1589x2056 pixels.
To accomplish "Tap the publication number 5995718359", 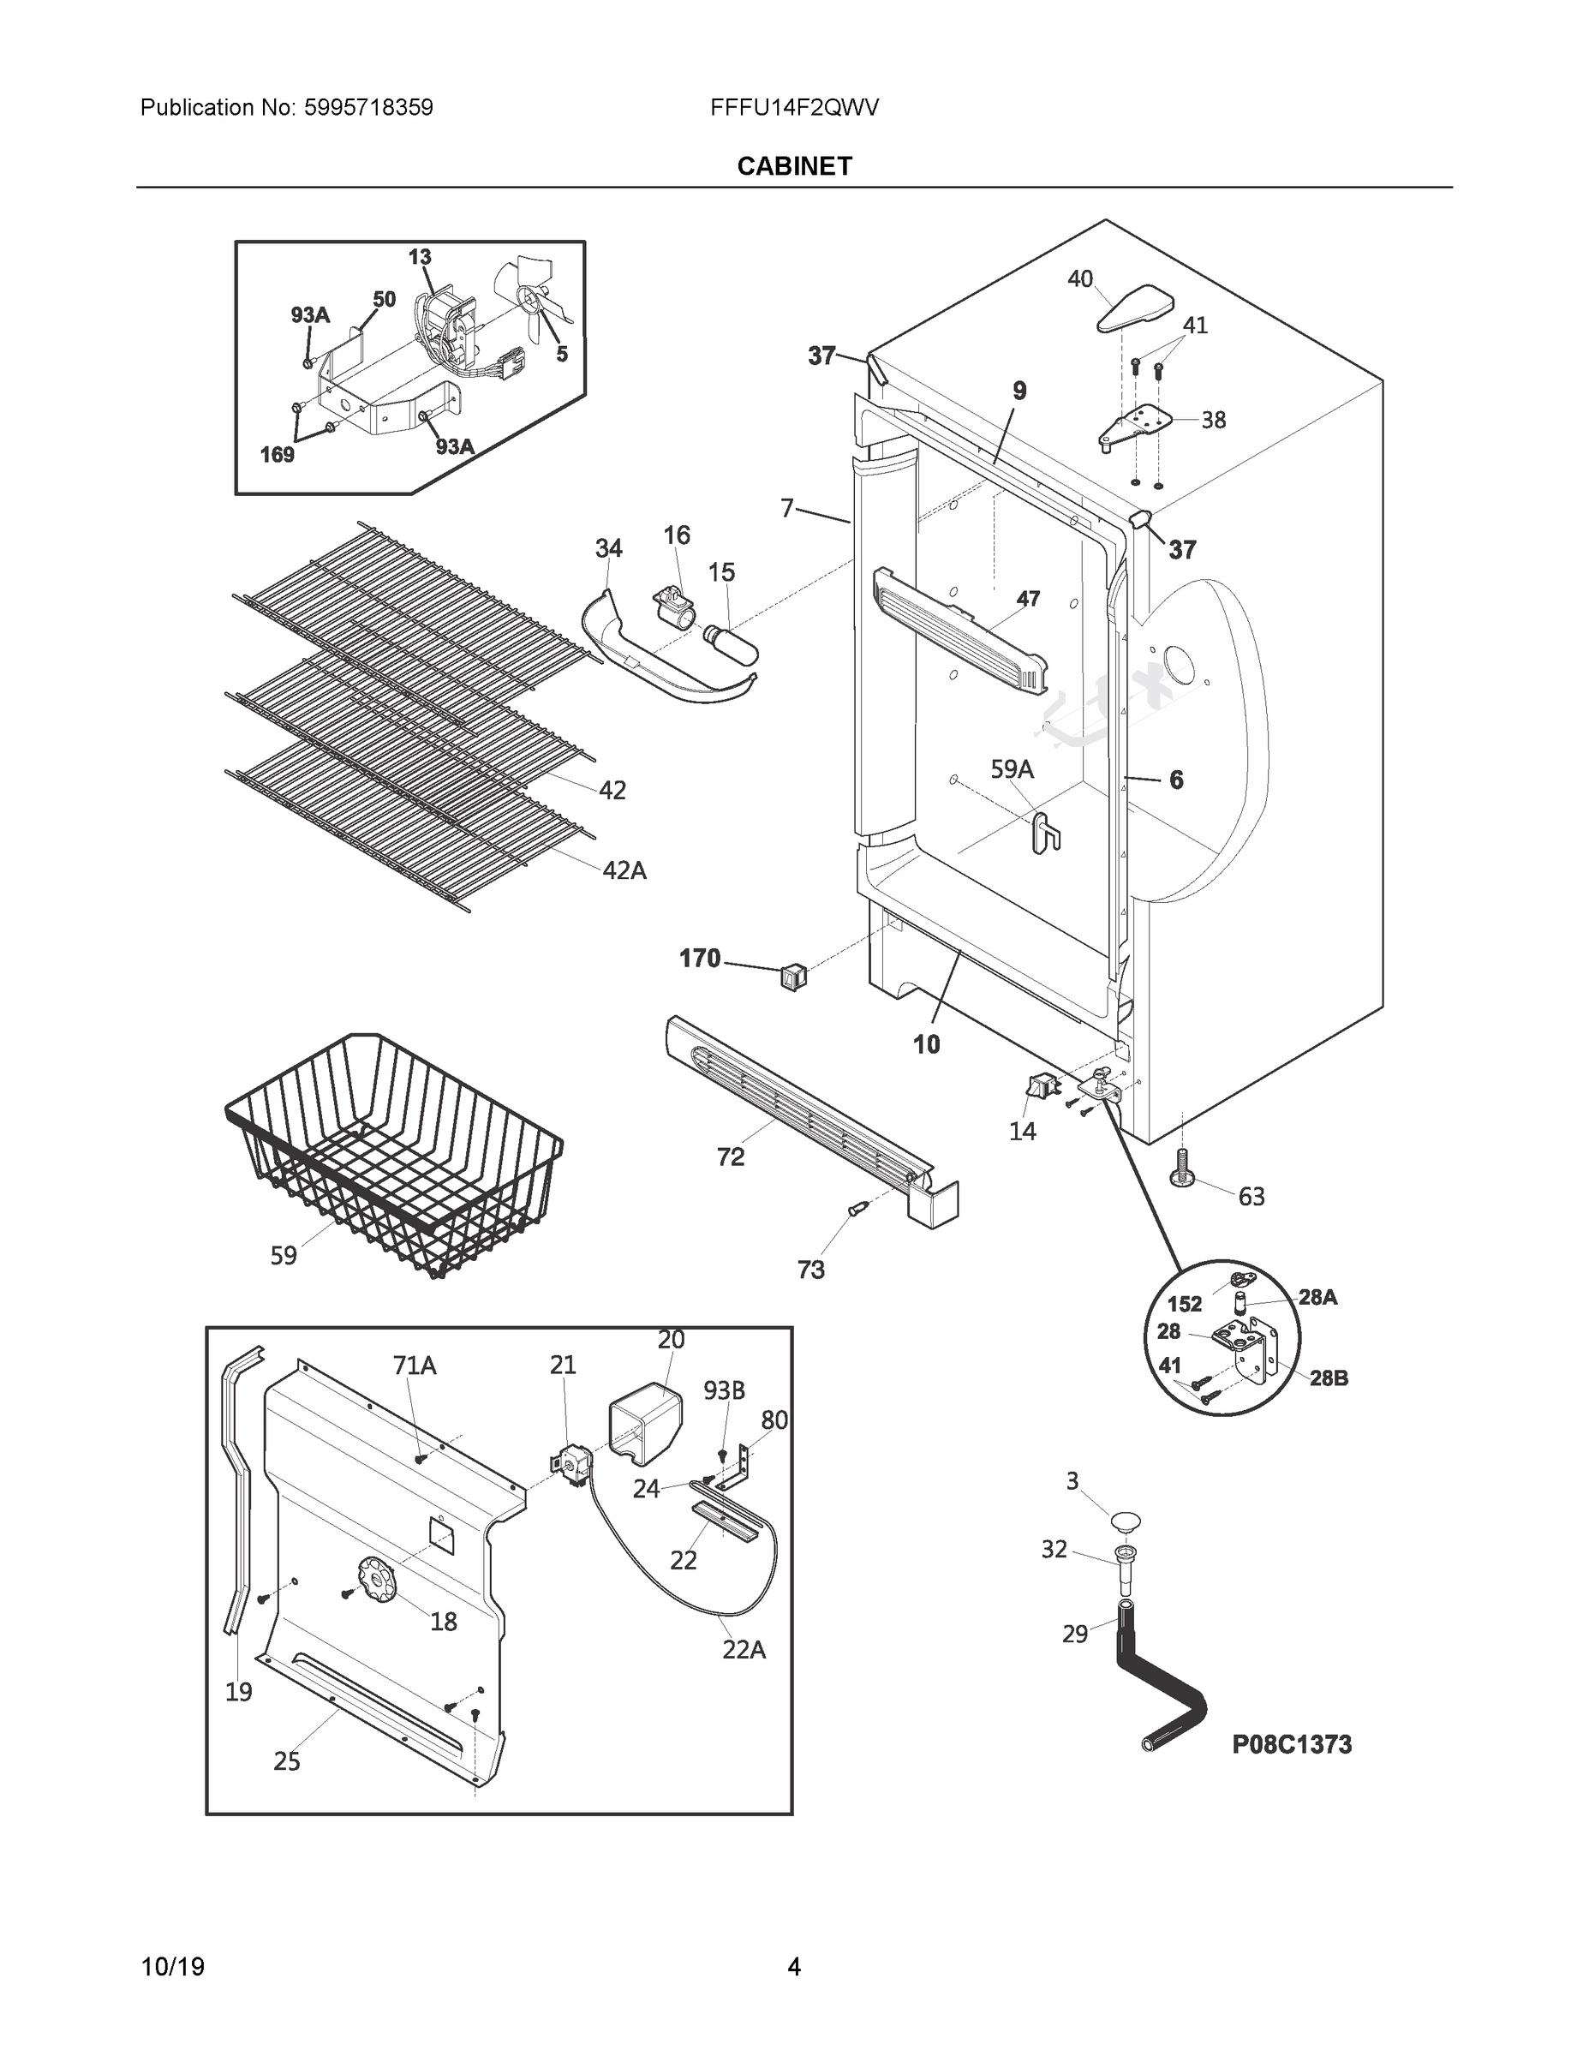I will (x=368, y=107).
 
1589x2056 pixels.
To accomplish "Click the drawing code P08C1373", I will (x=1292, y=1744).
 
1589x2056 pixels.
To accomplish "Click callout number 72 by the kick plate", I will (x=731, y=1157).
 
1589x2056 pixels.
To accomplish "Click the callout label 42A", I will (x=624, y=870).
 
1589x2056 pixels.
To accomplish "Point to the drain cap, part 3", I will (x=1125, y=1520).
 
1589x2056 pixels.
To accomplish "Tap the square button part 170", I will (x=793, y=978).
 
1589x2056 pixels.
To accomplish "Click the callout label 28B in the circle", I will (x=1329, y=1378).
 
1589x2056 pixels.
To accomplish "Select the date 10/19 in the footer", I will (x=172, y=1967).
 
